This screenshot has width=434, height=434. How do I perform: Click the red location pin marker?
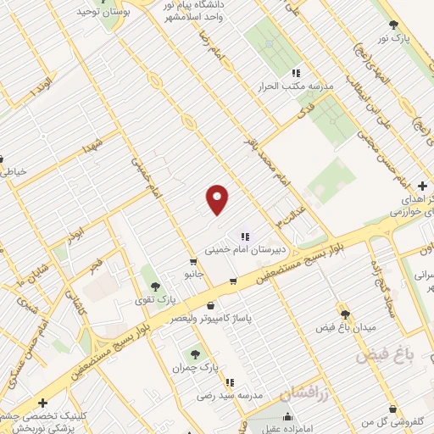[x=218, y=198]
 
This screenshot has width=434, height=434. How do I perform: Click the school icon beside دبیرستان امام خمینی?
[x=245, y=236]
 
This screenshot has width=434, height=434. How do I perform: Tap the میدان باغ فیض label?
[x=342, y=327]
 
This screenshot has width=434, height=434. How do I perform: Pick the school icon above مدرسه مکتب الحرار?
[x=296, y=74]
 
